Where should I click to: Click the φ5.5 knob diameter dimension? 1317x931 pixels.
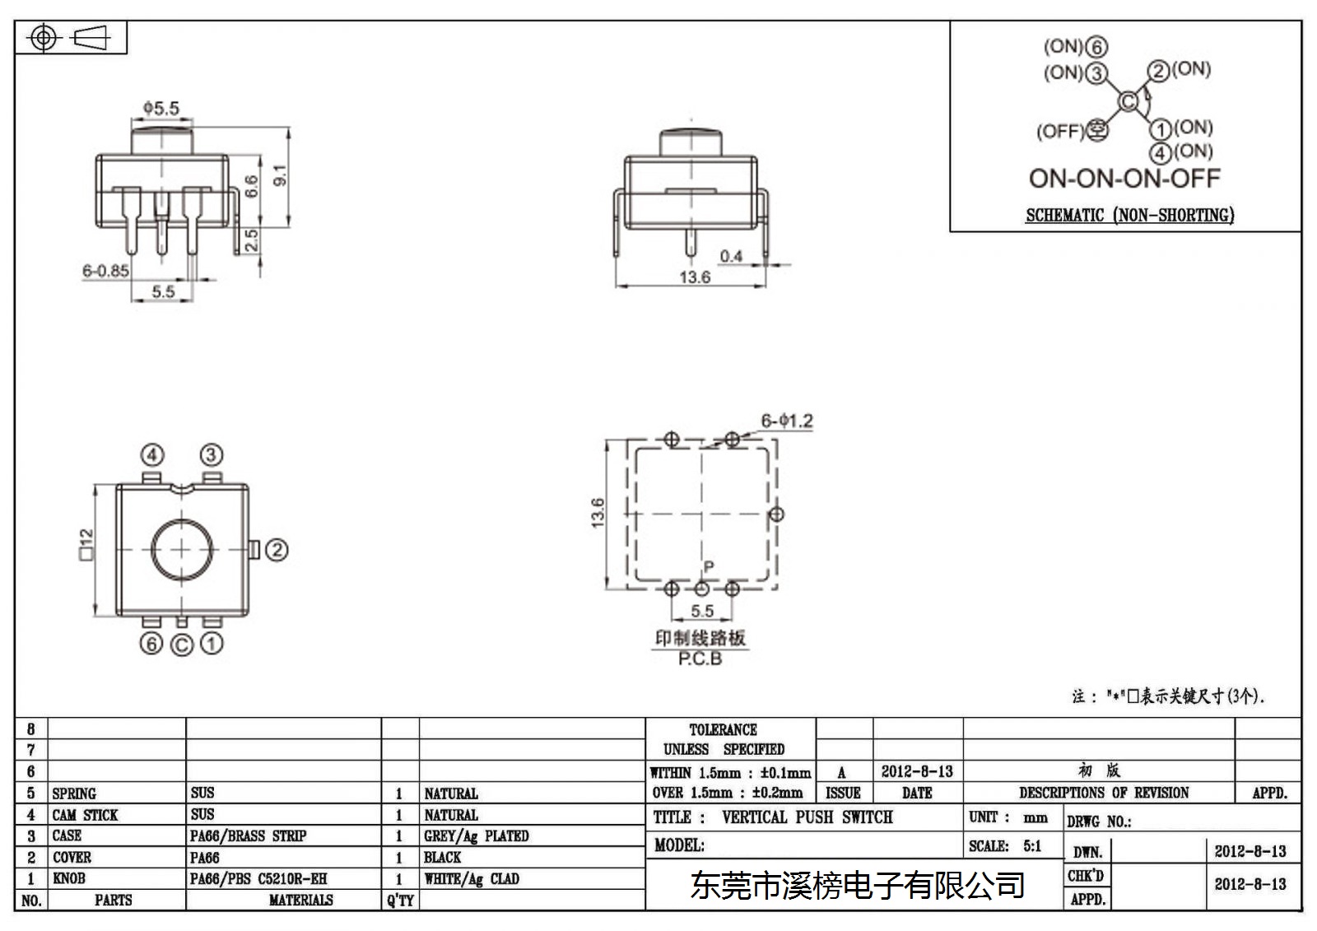click(x=161, y=108)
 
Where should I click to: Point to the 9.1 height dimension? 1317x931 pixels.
click(x=281, y=175)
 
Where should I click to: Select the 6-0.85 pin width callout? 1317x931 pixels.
click(x=105, y=271)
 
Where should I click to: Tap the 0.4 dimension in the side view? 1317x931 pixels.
click(x=731, y=257)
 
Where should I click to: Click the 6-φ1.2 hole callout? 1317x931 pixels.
click(x=787, y=421)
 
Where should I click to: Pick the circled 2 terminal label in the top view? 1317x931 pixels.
click(x=277, y=551)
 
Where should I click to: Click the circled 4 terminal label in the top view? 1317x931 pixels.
click(x=152, y=455)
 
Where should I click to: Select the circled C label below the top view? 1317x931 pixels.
click(x=182, y=645)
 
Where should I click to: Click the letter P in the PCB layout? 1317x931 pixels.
click(x=709, y=566)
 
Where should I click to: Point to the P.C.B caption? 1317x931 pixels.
click(x=700, y=659)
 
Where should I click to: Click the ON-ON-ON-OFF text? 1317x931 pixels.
click(x=1124, y=179)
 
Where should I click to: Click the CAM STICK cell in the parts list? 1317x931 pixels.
click(x=85, y=815)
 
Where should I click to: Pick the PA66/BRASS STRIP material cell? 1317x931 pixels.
click(x=248, y=836)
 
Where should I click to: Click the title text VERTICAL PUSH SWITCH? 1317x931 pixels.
click(x=807, y=817)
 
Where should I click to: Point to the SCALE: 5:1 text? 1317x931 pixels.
click(x=1005, y=846)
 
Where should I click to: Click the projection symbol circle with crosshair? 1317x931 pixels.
click(x=43, y=38)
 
